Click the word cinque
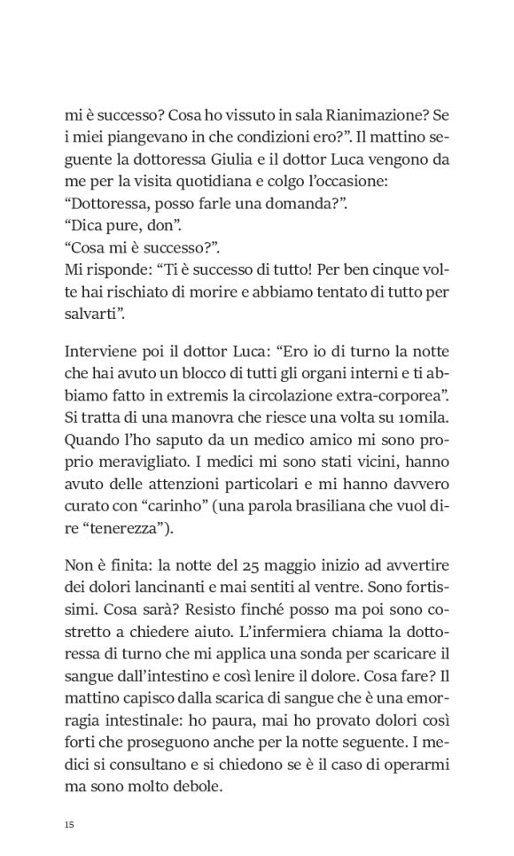coord(396,269)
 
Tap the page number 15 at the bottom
coord(69,825)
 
